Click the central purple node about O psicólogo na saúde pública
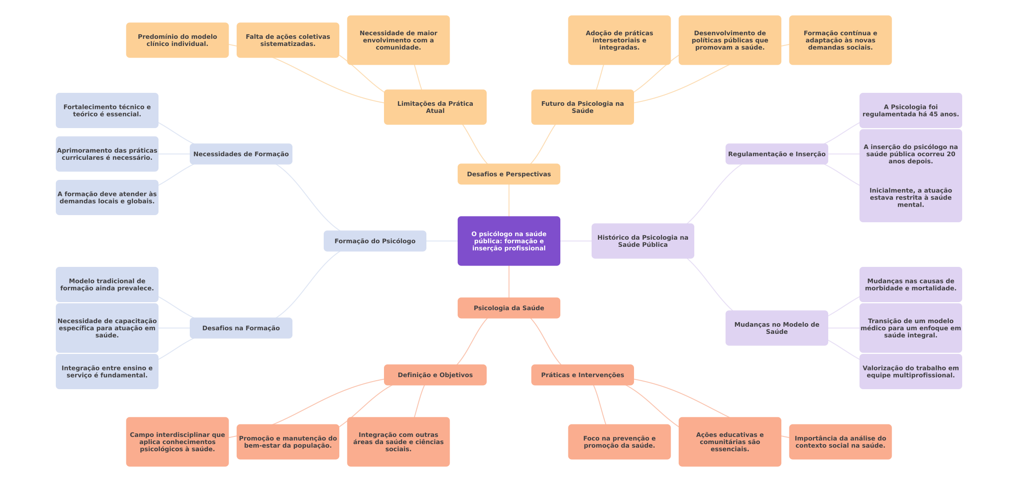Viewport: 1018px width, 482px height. tap(509, 241)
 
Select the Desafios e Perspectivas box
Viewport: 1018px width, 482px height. tap(509, 174)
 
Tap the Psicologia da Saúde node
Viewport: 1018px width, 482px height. tap(509, 308)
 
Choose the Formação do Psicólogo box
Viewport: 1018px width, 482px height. tap(375, 241)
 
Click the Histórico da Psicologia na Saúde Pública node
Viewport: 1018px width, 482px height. tap(643, 241)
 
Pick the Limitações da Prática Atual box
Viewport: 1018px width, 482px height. tap(435, 107)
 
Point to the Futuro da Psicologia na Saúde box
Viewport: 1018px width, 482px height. tap(582, 107)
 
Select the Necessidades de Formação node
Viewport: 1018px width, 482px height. tap(241, 154)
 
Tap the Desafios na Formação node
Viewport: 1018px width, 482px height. tap(241, 328)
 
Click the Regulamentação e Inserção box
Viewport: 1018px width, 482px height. tap(776, 154)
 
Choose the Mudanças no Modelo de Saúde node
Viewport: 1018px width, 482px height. tap(776, 328)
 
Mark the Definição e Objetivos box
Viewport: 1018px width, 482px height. tap(435, 375)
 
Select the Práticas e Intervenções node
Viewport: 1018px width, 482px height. tap(582, 375)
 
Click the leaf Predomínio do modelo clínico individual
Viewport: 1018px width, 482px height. tap(177, 40)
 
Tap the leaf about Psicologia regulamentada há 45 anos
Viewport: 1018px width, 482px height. tap(910, 110)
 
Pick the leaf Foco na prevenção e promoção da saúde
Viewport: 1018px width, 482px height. tap(619, 442)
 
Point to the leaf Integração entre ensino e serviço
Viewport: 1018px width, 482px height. tap(107, 371)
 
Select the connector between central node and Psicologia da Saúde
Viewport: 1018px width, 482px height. tap(509, 282)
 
